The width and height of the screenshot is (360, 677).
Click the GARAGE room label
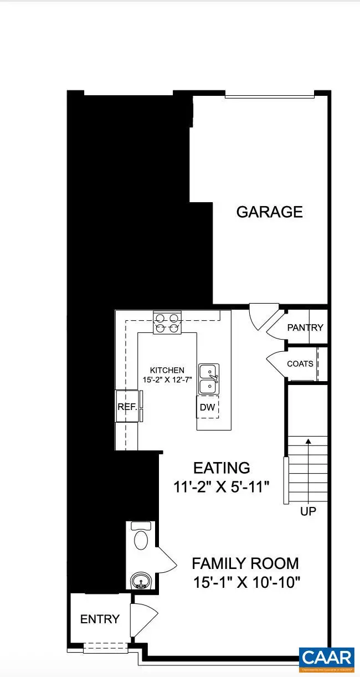[270, 212]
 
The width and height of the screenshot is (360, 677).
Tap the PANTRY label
[305, 327]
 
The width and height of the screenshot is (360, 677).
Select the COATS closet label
[300, 364]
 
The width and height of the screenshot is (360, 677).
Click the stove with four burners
[168, 324]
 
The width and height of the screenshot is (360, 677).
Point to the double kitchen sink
[209, 379]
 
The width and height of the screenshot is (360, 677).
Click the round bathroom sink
[141, 581]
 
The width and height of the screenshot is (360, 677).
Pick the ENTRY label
[100, 619]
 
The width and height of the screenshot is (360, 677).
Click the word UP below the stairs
[308, 511]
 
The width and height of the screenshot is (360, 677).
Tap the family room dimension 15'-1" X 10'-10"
[245, 583]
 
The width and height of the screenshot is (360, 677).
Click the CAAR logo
[326, 658]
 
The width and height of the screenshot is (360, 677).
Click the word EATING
[221, 468]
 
